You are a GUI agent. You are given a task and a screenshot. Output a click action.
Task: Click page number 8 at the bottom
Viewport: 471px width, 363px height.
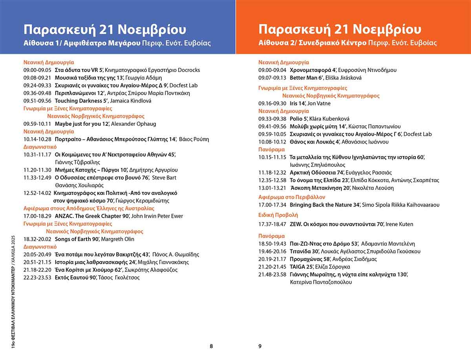[x=211, y=346]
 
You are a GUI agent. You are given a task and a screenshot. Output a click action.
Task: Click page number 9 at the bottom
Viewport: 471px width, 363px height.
[x=260, y=346]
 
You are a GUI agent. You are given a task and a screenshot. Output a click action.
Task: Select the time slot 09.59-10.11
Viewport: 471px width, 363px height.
[x=37, y=124]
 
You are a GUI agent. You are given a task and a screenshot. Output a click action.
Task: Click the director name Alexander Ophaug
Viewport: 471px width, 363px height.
[x=133, y=124]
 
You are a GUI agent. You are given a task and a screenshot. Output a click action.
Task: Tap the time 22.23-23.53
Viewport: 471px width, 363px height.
[x=37, y=278]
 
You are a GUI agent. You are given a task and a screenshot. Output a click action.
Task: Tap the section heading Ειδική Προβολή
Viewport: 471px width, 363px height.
[x=278, y=215]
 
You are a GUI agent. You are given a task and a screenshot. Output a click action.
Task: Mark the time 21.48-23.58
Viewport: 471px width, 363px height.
[x=272, y=275]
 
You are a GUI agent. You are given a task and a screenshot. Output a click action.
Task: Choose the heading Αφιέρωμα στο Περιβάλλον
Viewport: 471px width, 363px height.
[x=292, y=197]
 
